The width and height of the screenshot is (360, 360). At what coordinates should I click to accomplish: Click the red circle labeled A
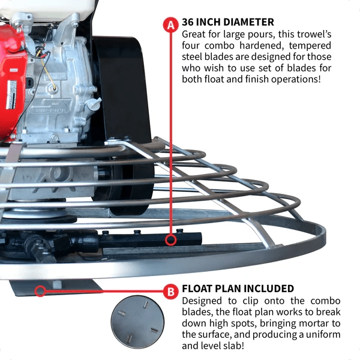click(x=171, y=25)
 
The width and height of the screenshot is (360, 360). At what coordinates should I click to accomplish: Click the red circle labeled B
click(x=171, y=292)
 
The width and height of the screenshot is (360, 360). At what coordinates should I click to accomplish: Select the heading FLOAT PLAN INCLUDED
click(x=238, y=289)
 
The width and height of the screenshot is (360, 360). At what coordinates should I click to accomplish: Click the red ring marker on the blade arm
click(x=172, y=241)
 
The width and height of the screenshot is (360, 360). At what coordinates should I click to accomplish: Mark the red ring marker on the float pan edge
click(x=40, y=292)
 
